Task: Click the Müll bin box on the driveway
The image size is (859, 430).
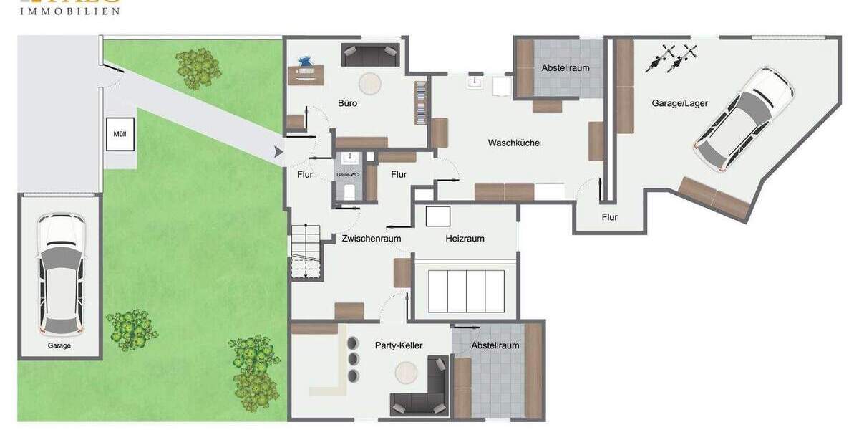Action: click(120, 134)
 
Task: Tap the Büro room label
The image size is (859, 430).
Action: click(348, 103)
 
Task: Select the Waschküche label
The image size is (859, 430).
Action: click(513, 143)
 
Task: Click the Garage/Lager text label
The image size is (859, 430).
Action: click(679, 103)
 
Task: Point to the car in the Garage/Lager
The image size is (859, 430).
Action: click(744, 119)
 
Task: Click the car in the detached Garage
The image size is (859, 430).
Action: click(60, 274)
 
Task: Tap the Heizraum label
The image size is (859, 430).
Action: click(465, 239)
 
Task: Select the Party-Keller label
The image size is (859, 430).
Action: click(399, 345)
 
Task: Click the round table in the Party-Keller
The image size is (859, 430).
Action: click(407, 373)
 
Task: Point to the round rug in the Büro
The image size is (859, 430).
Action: click(370, 84)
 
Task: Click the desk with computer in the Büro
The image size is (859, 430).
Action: click(306, 71)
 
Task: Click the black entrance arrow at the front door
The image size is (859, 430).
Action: click(278, 152)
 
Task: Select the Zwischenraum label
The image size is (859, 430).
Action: click(371, 239)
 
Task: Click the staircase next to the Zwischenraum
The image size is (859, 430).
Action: click(306, 251)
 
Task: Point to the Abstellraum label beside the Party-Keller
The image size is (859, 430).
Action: click(495, 345)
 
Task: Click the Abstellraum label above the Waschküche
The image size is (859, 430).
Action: click(566, 68)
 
